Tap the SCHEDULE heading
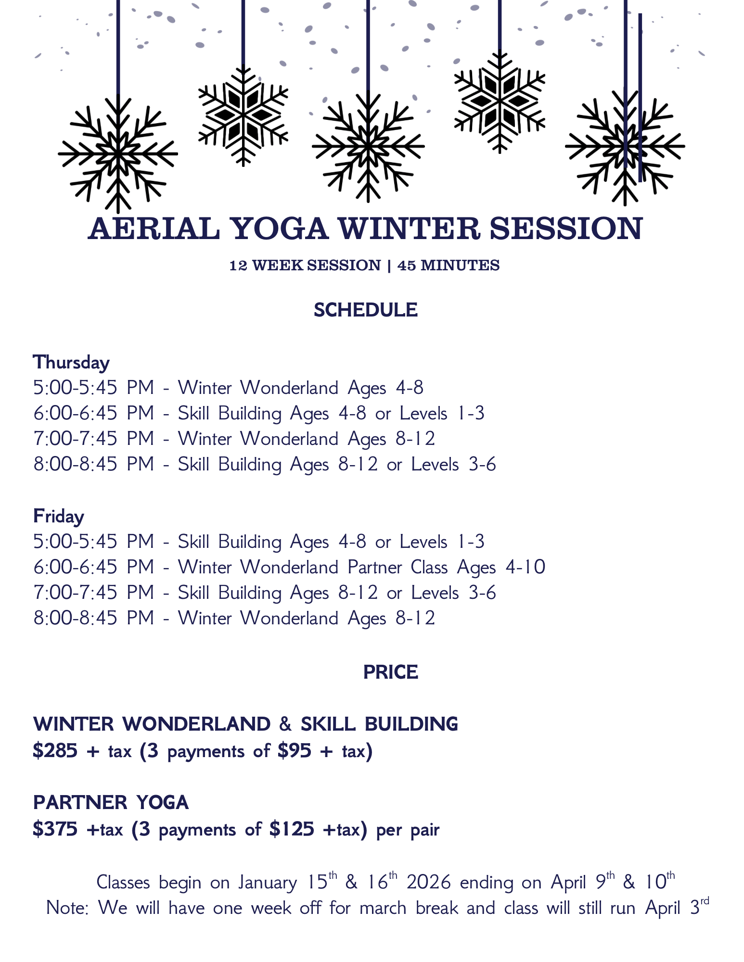(x=365, y=310)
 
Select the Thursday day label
(x=71, y=362)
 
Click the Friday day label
(x=59, y=516)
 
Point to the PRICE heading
(x=390, y=672)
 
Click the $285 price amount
(x=55, y=751)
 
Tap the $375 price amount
(x=55, y=829)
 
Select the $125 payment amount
(x=292, y=829)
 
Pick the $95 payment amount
(x=294, y=751)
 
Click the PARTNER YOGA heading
(x=111, y=802)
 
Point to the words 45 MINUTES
(x=449, y=266)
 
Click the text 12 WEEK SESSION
(x=305, y=266)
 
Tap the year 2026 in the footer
(x=429, y=883)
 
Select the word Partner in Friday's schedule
(x=374, y=568)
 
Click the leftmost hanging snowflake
(x=118, y=154)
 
